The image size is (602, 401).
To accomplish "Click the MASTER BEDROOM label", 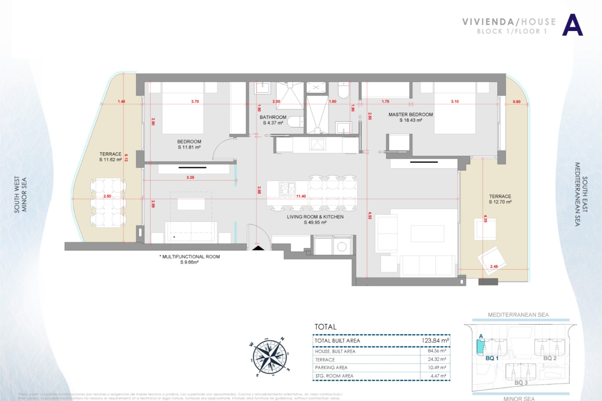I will click(410, 115).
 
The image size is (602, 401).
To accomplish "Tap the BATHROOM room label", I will click(273, 117).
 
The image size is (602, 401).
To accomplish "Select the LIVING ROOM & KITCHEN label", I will click(315, 217).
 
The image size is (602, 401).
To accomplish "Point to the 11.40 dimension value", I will click(301, 196).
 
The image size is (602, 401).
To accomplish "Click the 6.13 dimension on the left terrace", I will click(126, 158).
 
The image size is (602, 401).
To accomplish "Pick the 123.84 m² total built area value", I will click(435, 341).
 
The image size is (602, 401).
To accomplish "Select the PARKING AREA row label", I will click(331, 367).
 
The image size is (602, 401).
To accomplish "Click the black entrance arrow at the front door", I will click(259, 248).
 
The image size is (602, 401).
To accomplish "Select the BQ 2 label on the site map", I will click(550, 358).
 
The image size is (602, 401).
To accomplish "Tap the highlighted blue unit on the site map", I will click(480, 347).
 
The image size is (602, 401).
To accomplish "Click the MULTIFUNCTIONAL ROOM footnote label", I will click(191, 257).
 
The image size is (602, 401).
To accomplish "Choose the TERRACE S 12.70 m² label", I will click(500, 199).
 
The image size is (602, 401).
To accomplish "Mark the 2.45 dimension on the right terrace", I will click(494, 267).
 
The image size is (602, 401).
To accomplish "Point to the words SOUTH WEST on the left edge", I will click(17, 195).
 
